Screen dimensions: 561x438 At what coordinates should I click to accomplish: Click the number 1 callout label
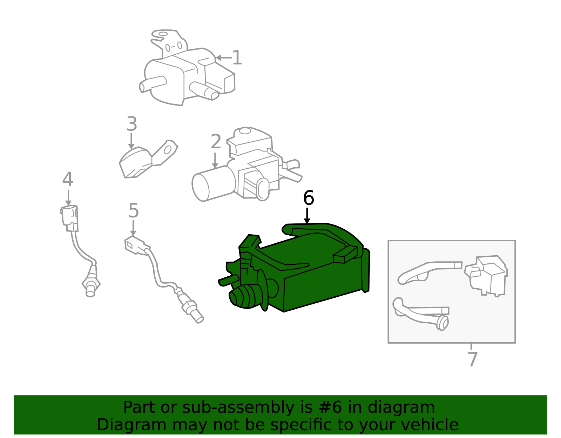coord(237,58)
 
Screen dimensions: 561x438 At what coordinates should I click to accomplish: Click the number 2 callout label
coord(216,142)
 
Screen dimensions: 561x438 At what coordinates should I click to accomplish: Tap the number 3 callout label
coord(132,124)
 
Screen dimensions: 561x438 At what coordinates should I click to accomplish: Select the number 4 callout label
coord(68,179)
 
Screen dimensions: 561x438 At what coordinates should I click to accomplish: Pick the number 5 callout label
coord(134,211)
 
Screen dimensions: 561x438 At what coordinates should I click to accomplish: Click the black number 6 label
coord(309,198)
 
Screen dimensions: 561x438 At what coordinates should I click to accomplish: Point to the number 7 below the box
coord(473,359)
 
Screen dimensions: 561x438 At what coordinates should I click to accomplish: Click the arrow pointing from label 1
coord(224,58)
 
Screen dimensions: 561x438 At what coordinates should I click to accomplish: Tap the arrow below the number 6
coord(307,216)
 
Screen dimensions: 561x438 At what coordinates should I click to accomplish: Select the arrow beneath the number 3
coord(131,141)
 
